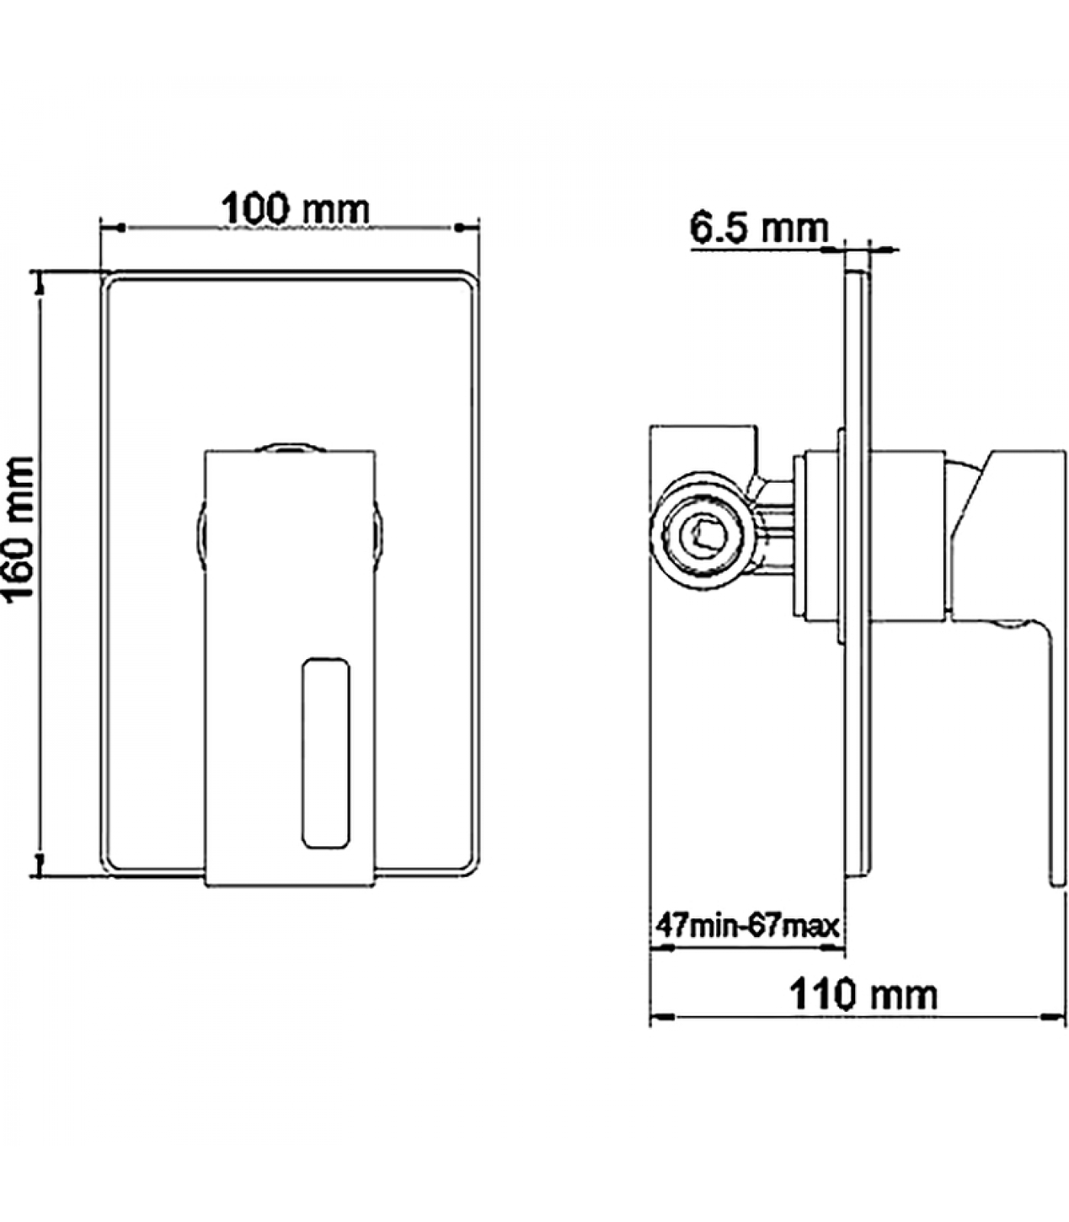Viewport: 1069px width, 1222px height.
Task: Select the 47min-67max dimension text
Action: [748, 926]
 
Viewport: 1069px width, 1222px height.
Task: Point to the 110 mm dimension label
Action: [863, 994]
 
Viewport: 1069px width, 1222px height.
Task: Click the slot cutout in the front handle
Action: [326, 752]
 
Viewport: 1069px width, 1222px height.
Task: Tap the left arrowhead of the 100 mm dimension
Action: [111, 227]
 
